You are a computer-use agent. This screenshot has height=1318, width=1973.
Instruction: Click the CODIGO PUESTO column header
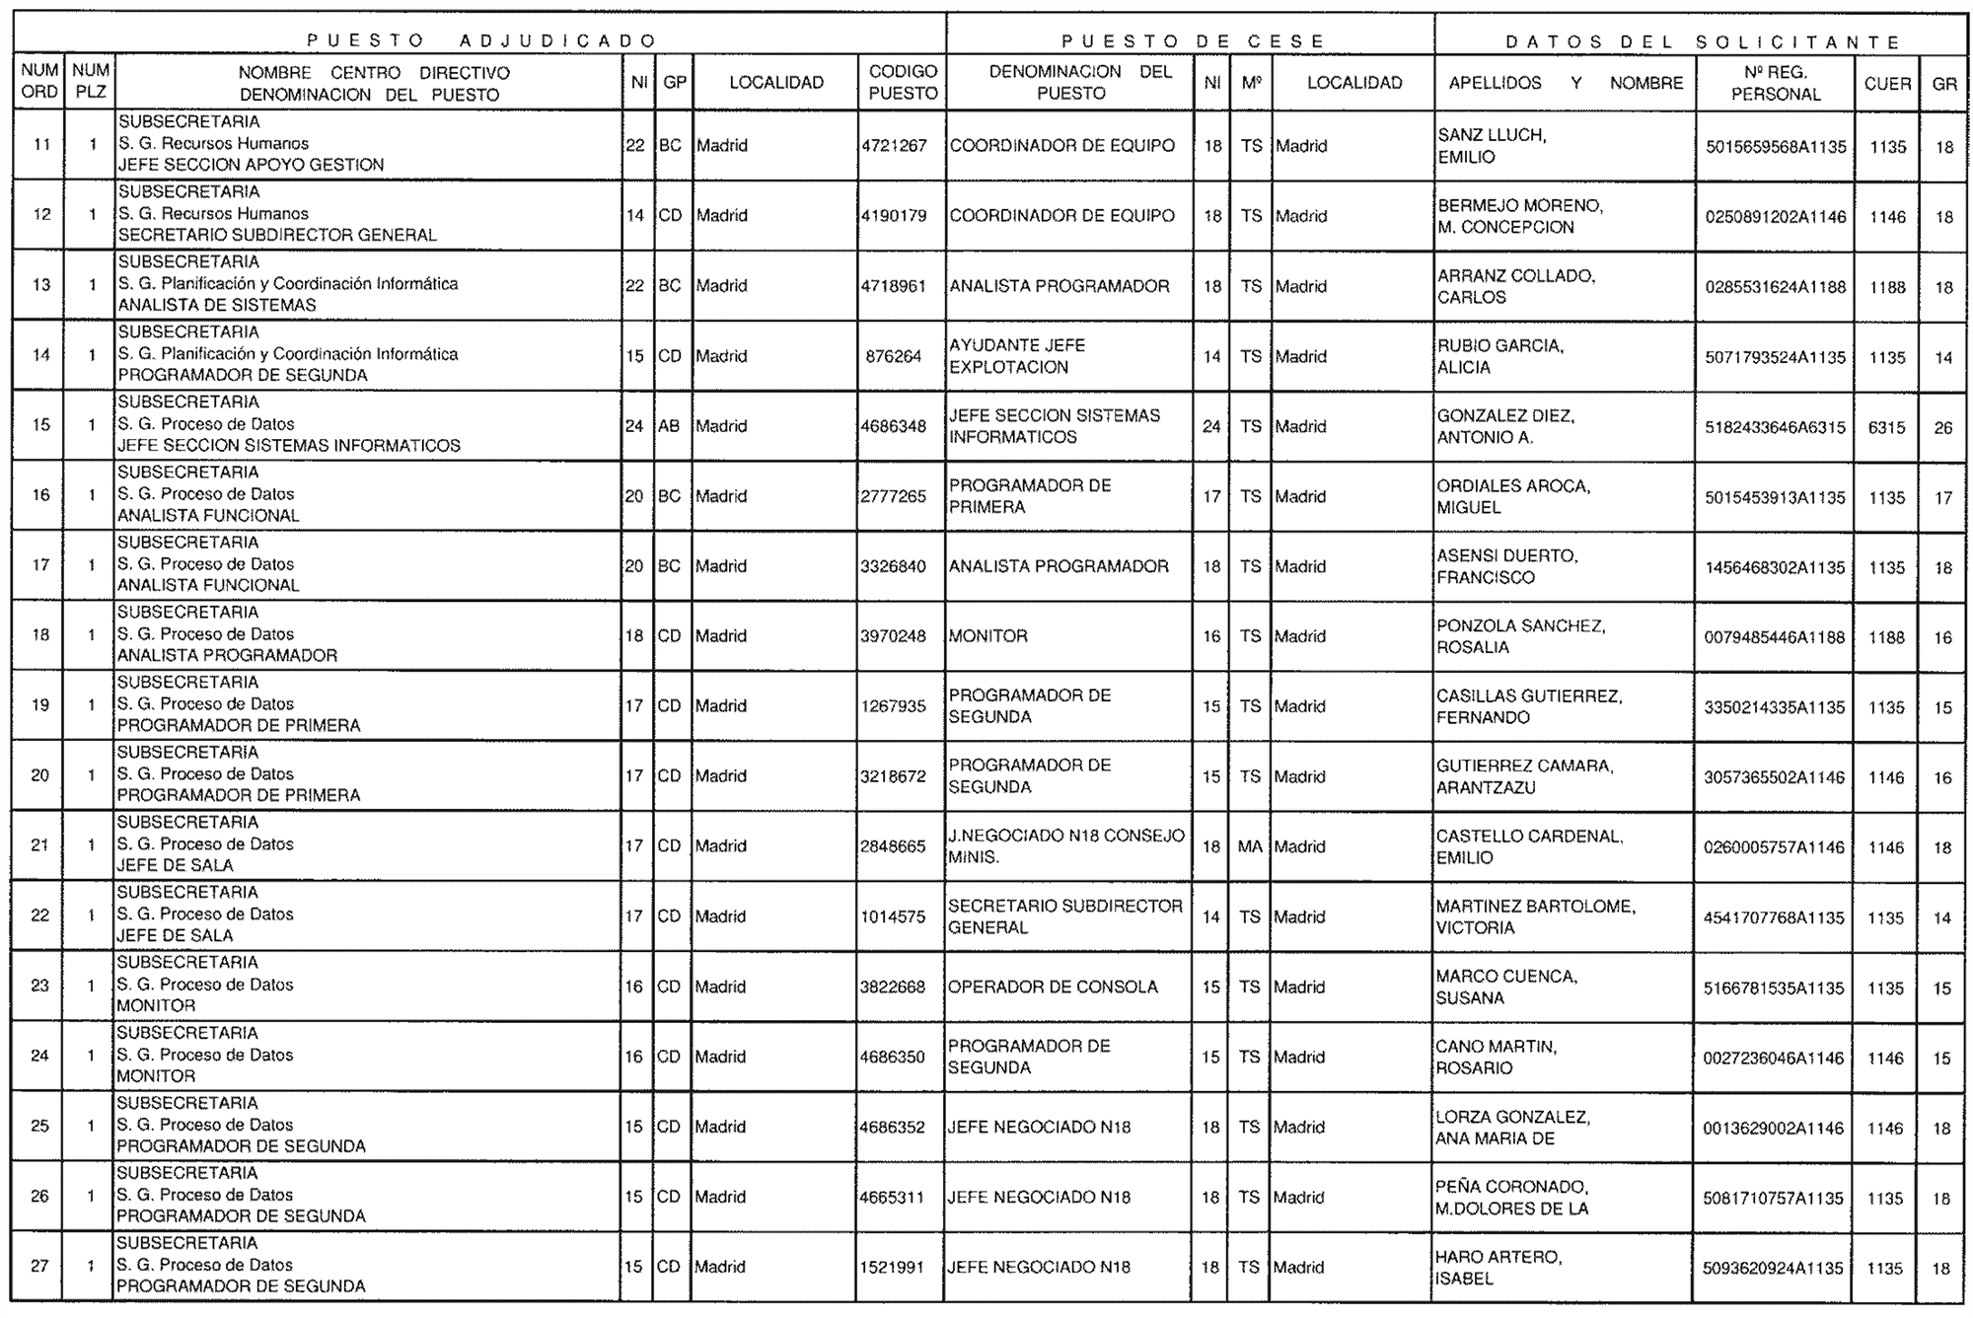coord(902,83)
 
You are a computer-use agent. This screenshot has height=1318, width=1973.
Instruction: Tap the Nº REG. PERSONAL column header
coord(1775,83)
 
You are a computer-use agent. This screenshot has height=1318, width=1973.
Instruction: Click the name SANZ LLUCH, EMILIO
coord(1492,146)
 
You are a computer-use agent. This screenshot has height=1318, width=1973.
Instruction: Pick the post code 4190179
coord(894,216)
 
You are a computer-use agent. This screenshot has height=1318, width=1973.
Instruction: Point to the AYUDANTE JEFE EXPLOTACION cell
coord(1017,356)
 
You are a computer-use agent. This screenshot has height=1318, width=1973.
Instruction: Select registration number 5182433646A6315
coord(1775,427)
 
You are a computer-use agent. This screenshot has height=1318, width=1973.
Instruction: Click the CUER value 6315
coord(1886,427)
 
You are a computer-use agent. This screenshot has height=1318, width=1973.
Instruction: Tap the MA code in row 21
coord(1250,846)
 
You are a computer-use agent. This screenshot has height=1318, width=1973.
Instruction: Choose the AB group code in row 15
coord(669,426)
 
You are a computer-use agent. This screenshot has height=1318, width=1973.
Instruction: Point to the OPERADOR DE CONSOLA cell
coord(1053,987)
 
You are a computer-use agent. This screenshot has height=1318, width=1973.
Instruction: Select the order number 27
coord(39,1266)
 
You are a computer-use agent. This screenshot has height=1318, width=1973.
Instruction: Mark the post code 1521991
coord(893,1267)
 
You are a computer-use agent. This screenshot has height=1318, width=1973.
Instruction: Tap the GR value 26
coord(1942,427)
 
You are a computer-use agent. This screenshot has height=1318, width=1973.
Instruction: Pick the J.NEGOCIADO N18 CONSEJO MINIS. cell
coord(1065,846)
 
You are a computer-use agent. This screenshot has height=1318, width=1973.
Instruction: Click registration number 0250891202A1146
coord(1775,217)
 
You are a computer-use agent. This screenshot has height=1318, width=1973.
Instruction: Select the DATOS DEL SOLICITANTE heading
coord(1702,41)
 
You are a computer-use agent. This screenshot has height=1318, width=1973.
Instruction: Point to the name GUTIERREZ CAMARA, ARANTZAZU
coord(1524,776)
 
